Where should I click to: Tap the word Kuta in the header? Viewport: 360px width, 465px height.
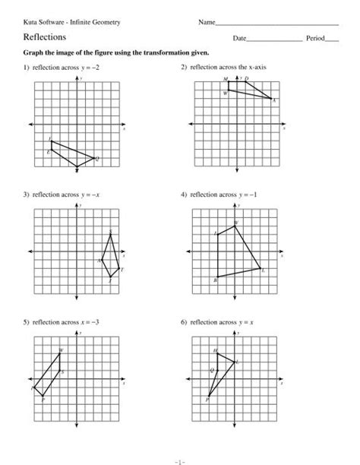pyautogui.click(x=32, y=22)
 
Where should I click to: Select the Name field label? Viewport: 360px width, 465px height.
pyautogui.click(x=207, y=22)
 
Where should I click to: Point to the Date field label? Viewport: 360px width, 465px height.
pyautogui.click(x=240, y=37)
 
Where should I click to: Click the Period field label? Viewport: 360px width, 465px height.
pyautogui.click(x=314, y=37)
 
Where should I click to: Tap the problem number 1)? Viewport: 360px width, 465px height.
pyautogui.click(x=27, y=68)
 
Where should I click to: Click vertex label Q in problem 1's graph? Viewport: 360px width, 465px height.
pyautogui.click(x=97, y=158)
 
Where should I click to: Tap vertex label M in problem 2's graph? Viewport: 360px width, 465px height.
pyautogui.click(x=226, y=80)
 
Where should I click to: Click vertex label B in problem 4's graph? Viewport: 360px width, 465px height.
pyautogui.click(x=216, y=280)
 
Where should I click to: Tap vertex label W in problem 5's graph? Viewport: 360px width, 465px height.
pyautogui.click(x=62, y=350)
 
